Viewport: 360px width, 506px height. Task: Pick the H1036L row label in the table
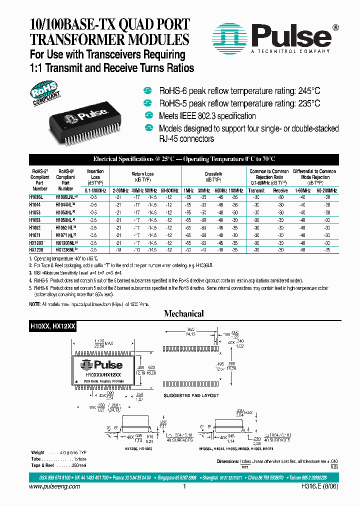pyautogui.click(x=36, y=197)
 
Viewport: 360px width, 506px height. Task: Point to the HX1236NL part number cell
pyautogui.click(x=66, y=248)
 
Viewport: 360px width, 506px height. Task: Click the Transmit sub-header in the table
pyautogui.click(x=256, y=190)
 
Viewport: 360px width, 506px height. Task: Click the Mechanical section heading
pyautogui.click(x=184, y=313)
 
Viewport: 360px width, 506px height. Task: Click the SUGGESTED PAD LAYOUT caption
pyautogui.click(x=191, y=395)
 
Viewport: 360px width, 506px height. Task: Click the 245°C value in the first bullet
pyautogui.click(x=306, y=91)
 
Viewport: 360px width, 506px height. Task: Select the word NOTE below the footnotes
pyautogui.click(x=34, y=304)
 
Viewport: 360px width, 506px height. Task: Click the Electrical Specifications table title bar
pyautogui.click(x=184, y=158)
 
